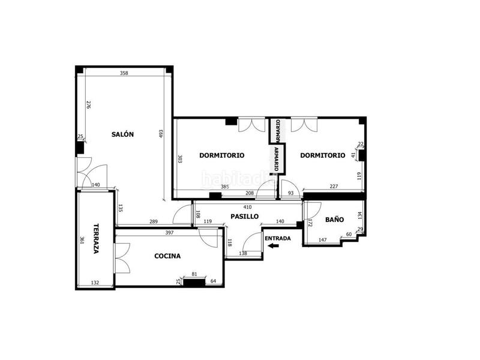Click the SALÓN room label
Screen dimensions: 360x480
click(122, 134)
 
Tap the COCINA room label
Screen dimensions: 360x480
click(167, 256)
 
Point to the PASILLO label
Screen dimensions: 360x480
click(245, 216)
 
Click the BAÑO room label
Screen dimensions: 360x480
click(334, 220)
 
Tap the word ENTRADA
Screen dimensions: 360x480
click(277, 238)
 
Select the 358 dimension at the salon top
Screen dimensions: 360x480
click(124, 73)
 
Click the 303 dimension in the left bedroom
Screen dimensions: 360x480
click(179, 160)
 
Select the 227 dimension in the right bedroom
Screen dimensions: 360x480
click(334, 186)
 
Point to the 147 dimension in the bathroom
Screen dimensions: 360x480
click(322, 240)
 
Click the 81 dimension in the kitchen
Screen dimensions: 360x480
click(194, 275)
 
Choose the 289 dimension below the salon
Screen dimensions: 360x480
click(154, 223)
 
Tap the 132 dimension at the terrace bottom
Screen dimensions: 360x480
click(94, 283)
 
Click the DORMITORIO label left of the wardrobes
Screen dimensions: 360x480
click(223, 155)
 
